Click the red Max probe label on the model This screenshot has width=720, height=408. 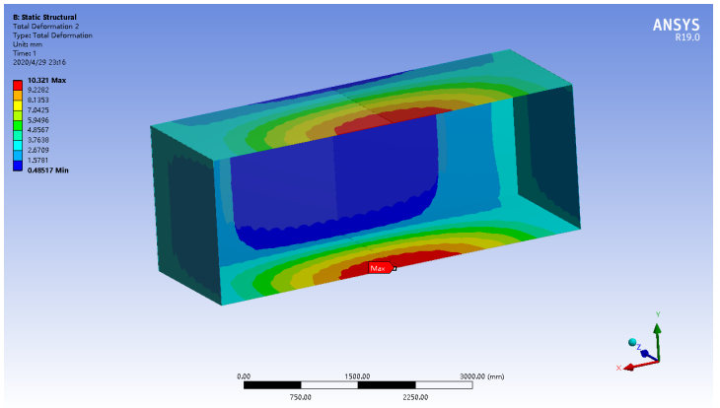coord(381,268)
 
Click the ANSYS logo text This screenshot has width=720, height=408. coord(677,25)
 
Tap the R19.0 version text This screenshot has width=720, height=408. coord(686,37)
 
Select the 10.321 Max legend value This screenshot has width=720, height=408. coord(46,80)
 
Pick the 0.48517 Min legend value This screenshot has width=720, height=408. coord(47,170)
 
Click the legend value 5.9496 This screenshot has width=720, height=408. coord(37,120)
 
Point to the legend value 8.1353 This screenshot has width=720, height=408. coord(37,100)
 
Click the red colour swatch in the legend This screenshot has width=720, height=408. coord(18,85)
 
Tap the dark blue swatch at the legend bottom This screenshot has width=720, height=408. coord(18,167)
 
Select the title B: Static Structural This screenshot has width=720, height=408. coord(44,17)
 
